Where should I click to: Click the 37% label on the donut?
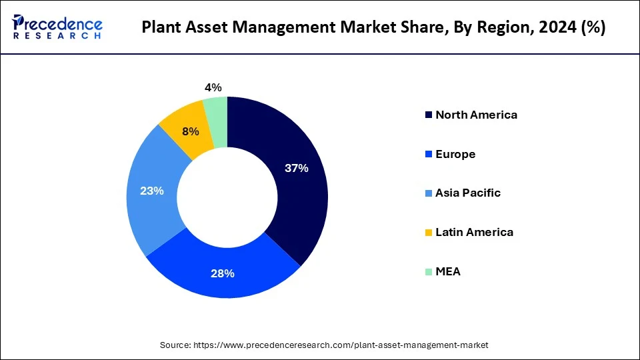click(296, 169)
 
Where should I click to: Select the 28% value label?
click(222, 274)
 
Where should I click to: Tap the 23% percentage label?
click(151, 191)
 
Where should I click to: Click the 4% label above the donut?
click(213, 87)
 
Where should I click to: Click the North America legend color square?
click(428, 115)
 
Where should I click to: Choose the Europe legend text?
click(455, 154)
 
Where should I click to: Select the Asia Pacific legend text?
click(467, 193)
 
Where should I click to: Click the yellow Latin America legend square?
click(428, 232)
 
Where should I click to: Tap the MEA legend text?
click(447, 271)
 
